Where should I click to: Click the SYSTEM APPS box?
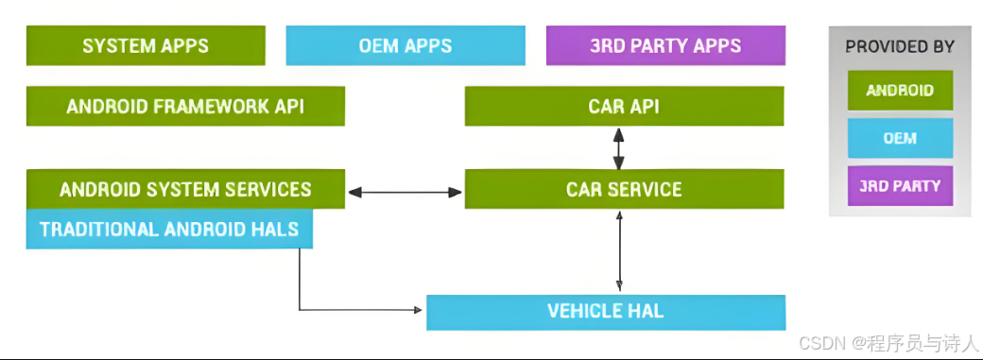pyautogui.click(x=145, y=45)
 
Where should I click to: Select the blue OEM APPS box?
pyautogui.click(x=405, y=45)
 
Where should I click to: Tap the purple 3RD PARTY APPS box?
pyautogui.click(x=665, y=45)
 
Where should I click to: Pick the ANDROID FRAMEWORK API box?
pyautogui.click(x=185, y=106)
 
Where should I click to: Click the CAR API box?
pyautogui.click(x=624, y=106)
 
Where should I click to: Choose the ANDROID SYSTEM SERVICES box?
pyautogui.click(x=185, y=189)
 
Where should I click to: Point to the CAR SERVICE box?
pyautogui.click(x=624, y=189)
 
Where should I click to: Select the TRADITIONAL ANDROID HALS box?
pyautogui.click(x=169, y=229)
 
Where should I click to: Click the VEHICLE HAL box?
pyautogui.click(x=606, y=311)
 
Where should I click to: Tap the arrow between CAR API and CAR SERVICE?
pyautogui.click(x=619, y=147)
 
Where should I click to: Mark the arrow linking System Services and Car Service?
pyautogui.click(x=405, y=192)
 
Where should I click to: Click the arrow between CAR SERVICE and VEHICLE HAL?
pyautogui.click(x=620, y=250)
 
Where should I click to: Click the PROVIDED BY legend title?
pyautogui.click(x=899, y=46)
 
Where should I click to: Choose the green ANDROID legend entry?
pyautogui.click(x=899, y=91)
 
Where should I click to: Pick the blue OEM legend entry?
pyautogui.click(x=899, y=138)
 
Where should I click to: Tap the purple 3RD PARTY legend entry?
pyautogui.click(x=899, y=186)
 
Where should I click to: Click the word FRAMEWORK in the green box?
pyautogui.click(x=198, y=106)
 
